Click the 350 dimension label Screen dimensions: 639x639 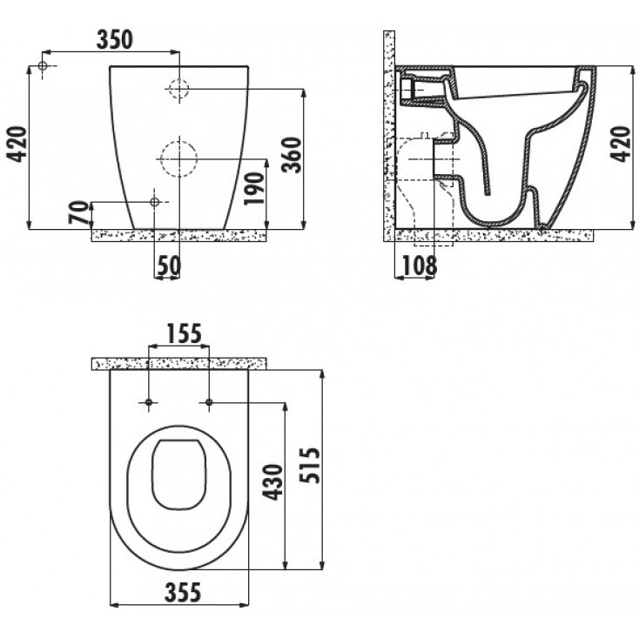pyautogui.click(x=115, y=39)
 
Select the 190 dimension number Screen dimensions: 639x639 pyautogui.click(x=254, y=189)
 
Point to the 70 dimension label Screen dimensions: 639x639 pyautogui.click(x=79, y=212)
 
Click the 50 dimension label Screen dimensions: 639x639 pyautogui.click(x=169, y=266)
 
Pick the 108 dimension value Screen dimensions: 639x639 pyautogui.click(x=420, y=266)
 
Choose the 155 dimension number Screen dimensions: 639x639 pyautogui.click(x=185, y=333)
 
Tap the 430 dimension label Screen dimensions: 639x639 pyautogui.click(x=272, y=481)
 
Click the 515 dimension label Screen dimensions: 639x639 pyautogui.click(x=310, y=466)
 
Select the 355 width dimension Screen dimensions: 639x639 pyautogui.click(x=183, y=592)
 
